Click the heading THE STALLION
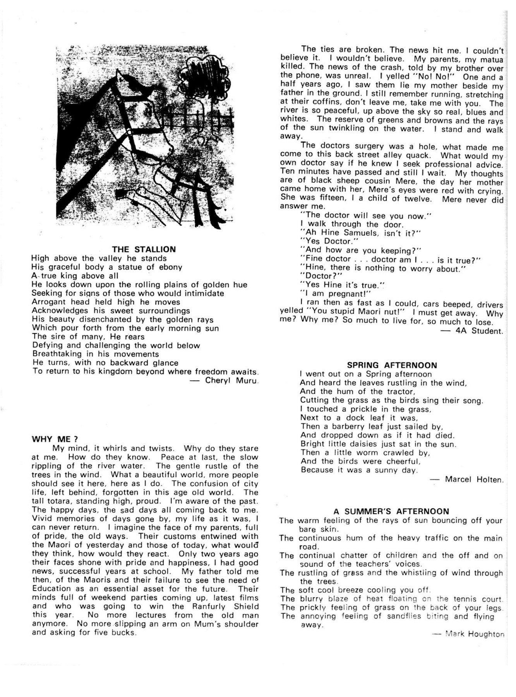144,249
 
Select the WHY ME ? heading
55,439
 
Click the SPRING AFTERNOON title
392,365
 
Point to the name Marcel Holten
474,479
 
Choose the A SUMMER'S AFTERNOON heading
391,512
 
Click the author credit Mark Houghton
475,634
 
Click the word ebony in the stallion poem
170,267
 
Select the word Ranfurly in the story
207,606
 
